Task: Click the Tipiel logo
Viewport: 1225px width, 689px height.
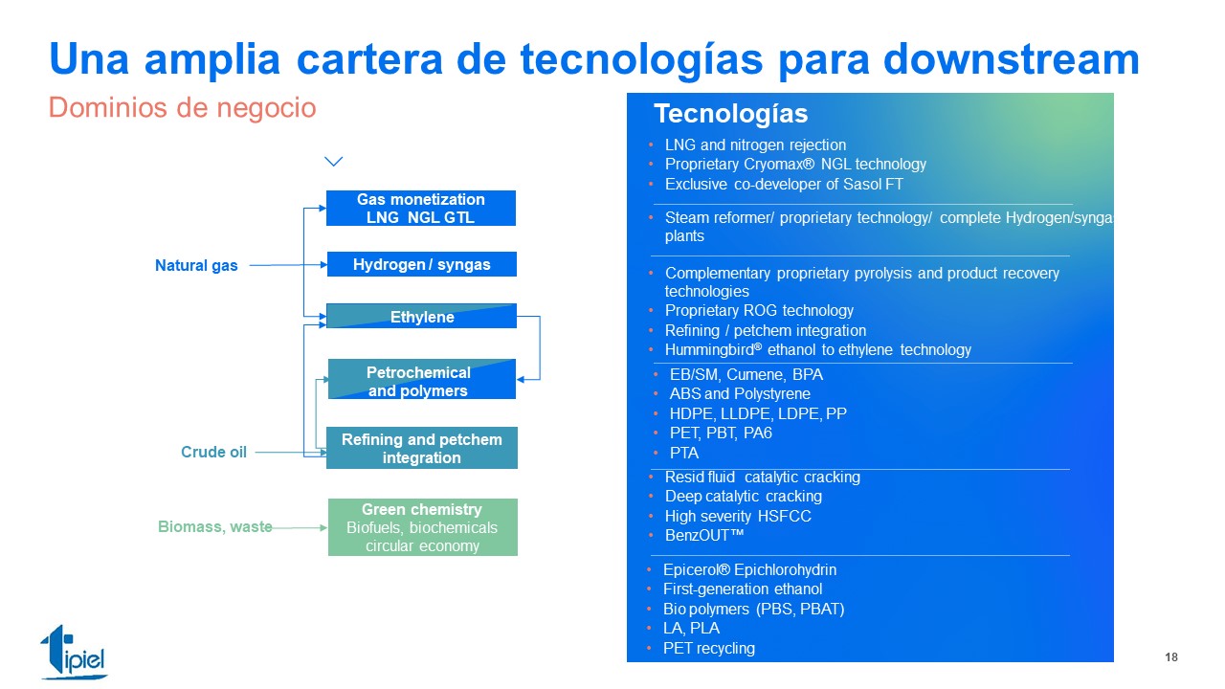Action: click(75, 652)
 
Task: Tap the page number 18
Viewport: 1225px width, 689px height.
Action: click(1170, 656)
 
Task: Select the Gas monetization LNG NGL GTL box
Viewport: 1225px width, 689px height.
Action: click(421, 208)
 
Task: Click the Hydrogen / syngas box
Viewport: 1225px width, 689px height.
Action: click(422, 264)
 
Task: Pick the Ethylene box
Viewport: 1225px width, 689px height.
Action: click(422, 316)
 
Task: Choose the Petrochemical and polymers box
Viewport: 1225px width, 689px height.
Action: click(422, 379)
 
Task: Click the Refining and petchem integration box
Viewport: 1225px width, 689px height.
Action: click(422, 448)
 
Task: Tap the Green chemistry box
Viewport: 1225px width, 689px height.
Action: click(423, 527)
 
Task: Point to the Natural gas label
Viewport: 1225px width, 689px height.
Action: click(196, 265)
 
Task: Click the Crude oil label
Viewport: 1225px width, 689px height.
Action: click(213, 452)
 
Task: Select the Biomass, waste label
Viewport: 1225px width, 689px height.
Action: click(215, 526)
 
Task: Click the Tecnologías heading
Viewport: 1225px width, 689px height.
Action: click(730, 114)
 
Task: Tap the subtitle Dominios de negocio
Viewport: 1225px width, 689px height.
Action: click(182, 107)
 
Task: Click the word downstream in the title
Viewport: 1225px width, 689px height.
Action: click(1012, 59)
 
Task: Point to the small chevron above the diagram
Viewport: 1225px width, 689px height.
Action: click(334, 162)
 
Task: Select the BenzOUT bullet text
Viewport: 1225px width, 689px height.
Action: click(704, 535)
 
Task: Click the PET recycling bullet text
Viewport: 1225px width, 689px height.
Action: click(709, 649)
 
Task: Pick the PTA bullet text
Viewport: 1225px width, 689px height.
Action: click(684, 453)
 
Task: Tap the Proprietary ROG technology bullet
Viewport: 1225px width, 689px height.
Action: click(759, 311)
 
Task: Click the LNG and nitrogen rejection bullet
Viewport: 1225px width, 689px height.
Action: click(755, 144)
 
